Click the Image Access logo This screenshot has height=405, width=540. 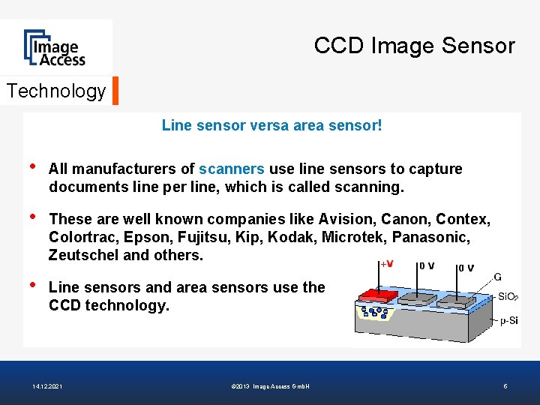(x=55, y=48)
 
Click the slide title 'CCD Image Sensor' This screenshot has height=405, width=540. (x=414, y=46)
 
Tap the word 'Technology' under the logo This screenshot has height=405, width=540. (x=56, y=91)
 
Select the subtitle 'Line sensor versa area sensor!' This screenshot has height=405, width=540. (x=271, y=125)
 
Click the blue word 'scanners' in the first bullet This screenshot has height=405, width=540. (x=232, y=169)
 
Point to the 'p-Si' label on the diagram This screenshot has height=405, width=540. (x=508, y=321)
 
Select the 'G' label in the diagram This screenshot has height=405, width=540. (x=498, y=277)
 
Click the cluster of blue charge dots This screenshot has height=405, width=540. (x=374, y=310)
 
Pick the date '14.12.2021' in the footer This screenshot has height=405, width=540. (x=48, y=386)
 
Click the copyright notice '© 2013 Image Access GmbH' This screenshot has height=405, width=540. (x=271, y=386)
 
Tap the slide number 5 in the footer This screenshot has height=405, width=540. (x=505, y=386)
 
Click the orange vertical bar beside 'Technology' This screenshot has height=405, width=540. (x=115, y=91)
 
